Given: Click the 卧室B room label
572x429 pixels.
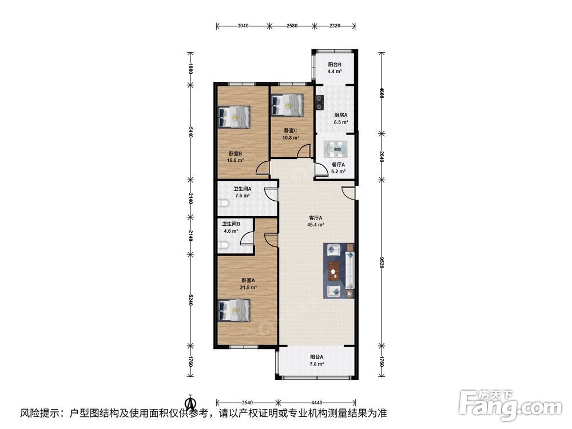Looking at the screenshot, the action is tap(235, 154).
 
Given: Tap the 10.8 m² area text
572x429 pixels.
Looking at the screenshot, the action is tap(291, 138).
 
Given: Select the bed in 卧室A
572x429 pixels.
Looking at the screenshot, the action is tap(234, 311).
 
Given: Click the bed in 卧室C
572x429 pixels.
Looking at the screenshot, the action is tap(288, 105).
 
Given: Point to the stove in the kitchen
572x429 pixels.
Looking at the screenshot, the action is tap(320, 102).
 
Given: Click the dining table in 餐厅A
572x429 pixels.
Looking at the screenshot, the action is tap(338, 149).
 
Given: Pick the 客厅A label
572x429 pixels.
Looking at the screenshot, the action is tap(316, 218).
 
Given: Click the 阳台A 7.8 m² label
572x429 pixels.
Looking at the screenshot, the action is tap(317, 360).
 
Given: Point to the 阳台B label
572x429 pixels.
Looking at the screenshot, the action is tap(335, 65).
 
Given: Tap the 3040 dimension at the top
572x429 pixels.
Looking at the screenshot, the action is tap(243, 26).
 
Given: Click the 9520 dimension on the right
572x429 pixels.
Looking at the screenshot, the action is tap(382, 263).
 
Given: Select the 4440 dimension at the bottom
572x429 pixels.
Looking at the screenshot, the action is tap(317, 403).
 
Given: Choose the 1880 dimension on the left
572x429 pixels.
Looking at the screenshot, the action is tap(190, 69).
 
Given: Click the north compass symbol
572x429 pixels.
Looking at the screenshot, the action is tap(190, 403).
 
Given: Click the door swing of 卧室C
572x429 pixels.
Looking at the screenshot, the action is tap(304, 150).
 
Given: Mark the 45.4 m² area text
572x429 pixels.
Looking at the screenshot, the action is tap(316, 225).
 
